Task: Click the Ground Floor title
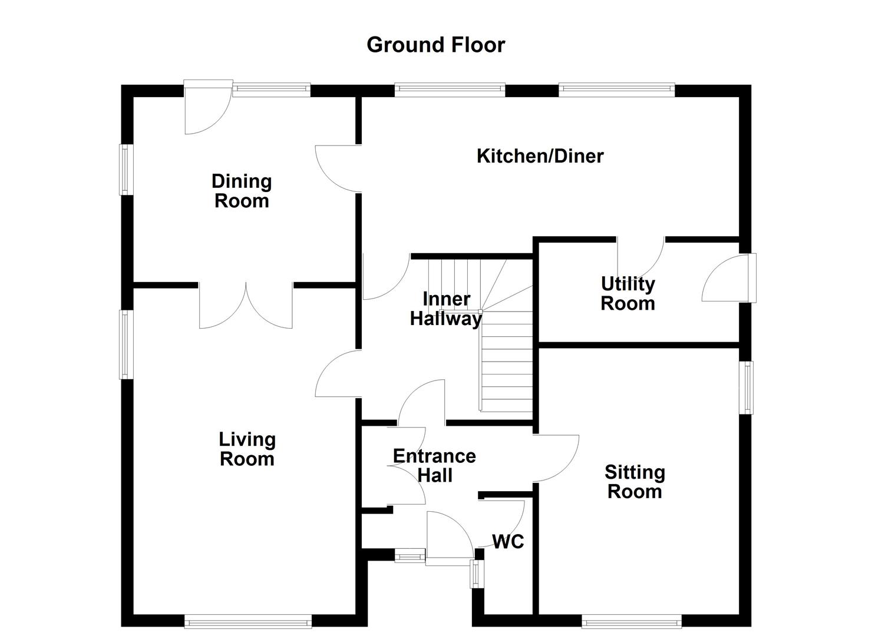435,45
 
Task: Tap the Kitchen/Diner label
540,156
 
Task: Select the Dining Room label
242,191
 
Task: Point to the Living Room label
247,449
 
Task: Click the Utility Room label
628,293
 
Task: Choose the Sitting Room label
635,481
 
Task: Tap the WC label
508,541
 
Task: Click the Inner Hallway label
446,309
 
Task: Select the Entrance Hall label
434,465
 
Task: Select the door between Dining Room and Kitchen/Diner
339,168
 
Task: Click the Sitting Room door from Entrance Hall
556,458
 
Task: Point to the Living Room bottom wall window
247,621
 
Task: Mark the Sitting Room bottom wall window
632,621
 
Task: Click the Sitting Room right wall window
747,387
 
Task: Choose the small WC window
476,573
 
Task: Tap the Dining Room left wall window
125,170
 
